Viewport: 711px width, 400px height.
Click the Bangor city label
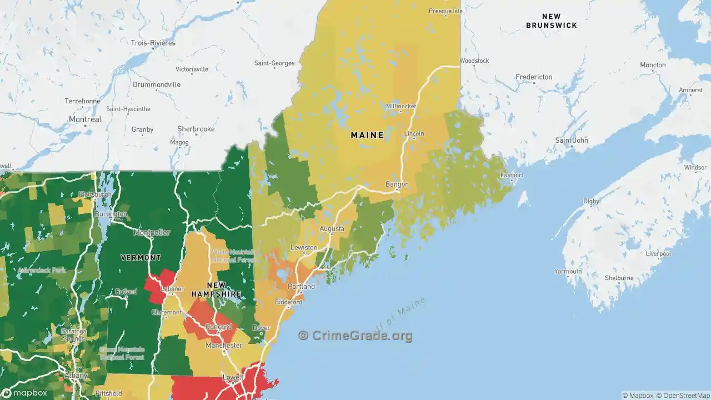397,184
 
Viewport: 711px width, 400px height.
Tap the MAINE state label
367,135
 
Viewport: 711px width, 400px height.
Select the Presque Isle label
445,11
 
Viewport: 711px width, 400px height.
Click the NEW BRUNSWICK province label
552,21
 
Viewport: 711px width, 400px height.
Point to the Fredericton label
534,77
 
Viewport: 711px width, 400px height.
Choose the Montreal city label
85,119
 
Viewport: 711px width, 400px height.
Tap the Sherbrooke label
196,129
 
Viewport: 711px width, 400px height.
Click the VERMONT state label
141,258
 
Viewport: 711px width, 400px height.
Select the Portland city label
301,287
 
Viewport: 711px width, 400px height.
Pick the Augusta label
332,228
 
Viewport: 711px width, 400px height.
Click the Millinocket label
401,106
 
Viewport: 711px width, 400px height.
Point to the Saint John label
572,140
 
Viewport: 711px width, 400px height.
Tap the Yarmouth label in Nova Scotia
568,272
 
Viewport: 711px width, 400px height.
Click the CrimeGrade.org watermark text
355,336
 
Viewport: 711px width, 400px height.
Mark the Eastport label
512,175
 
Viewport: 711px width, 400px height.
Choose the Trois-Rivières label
153,43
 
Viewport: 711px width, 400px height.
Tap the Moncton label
653,65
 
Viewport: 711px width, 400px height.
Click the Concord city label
219,327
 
